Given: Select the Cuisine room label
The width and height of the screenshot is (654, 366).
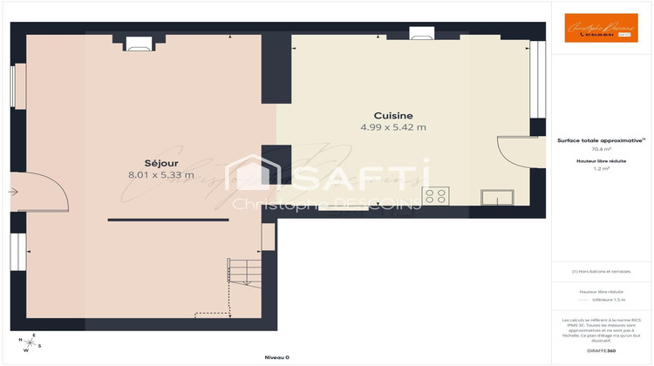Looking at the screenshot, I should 393,116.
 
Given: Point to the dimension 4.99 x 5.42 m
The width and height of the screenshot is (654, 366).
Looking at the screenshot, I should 393,128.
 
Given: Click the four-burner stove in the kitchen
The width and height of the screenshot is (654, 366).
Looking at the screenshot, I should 436,195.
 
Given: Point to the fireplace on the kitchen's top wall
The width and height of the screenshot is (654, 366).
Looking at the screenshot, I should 423,36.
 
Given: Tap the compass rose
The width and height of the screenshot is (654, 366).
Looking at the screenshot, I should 32,343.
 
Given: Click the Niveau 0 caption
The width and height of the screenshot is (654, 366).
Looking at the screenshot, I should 276,357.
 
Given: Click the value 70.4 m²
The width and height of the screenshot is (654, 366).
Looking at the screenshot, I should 602,149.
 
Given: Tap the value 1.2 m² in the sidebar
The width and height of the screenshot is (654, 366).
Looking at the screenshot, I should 602,169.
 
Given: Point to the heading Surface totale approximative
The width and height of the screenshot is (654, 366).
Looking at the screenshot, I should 602,139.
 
